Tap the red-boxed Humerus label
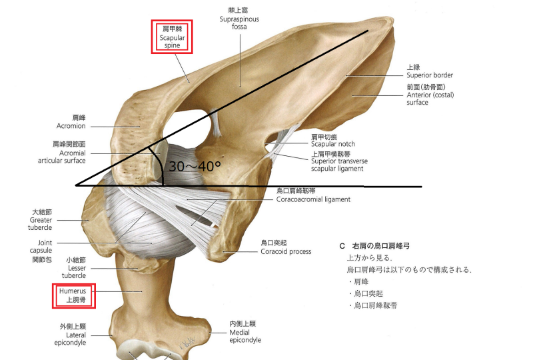[x=74, y=295]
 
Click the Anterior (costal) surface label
[x=426, y=95]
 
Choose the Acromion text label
[x=71, y=121]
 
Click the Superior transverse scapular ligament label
[x=338, y=161]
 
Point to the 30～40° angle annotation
[x=195, y=167]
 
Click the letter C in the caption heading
[x=342, y=246]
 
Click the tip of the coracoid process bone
[x=230, y=251]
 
